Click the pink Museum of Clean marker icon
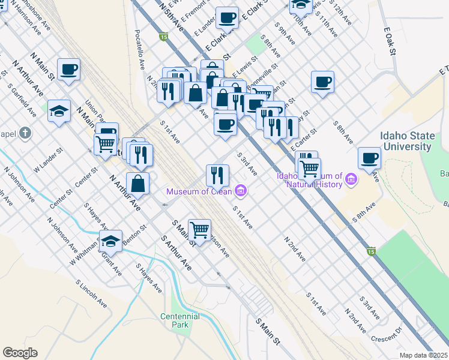[x=241, y=191]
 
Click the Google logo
[x=20, y=353]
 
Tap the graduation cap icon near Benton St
[x=110, y=241]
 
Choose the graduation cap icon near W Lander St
[x=59, y=111]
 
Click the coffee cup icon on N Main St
[x=69, y=69]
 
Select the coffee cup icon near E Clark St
[x=227, y=18]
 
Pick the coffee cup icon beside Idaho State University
[x=370, y=158]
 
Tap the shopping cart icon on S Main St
[x=199, y=229]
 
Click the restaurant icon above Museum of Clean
[x=217, y=175]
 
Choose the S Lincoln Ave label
[x=91, y=293]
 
